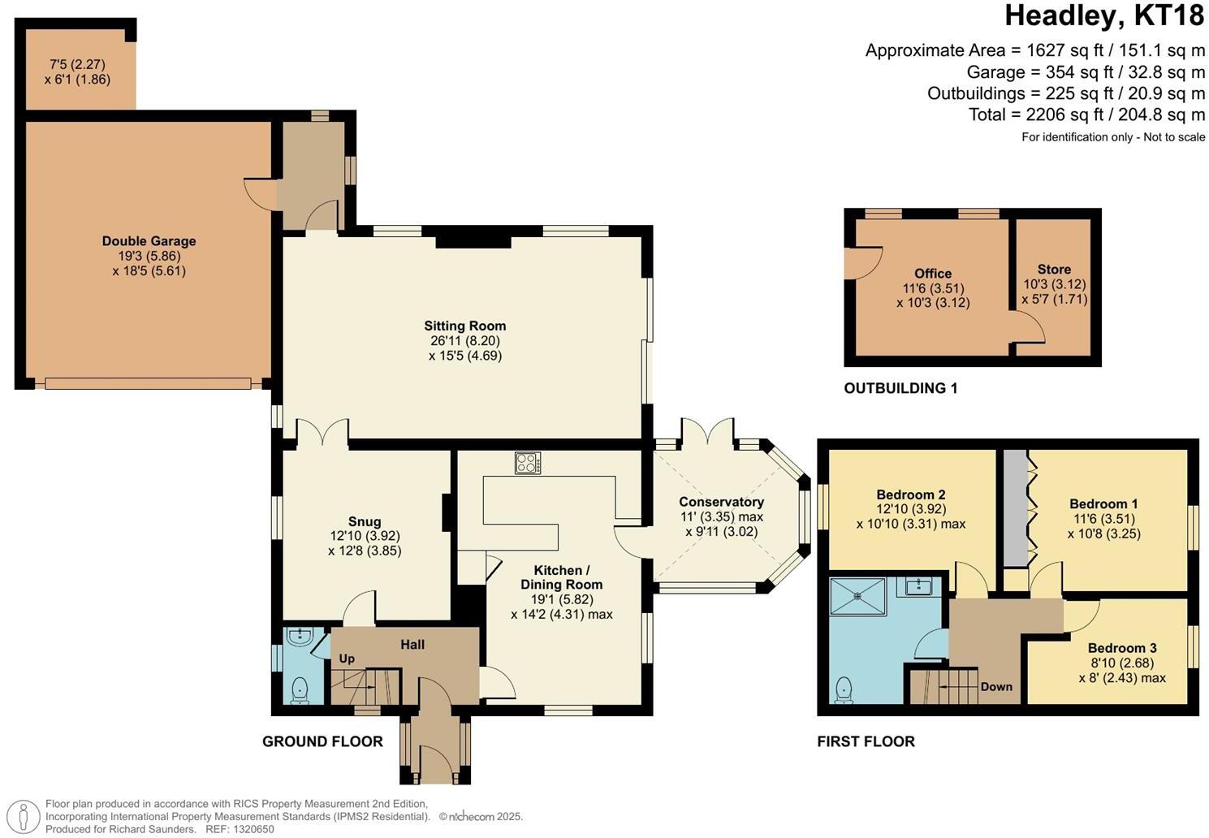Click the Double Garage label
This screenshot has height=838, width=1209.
click(x=149, y=241)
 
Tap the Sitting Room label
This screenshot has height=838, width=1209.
click(x=464, y=326)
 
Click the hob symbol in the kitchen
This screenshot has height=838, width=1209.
click(x=528, y=463)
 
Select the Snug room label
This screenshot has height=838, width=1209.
click(x=365, y=522)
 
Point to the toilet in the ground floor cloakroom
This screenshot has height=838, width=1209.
click(x=300, y=689)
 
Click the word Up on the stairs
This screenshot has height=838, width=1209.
click(x=347, y=659)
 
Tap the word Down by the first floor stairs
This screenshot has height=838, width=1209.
click(x=995, y=686)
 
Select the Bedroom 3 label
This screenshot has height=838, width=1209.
click(x=1122, y=648)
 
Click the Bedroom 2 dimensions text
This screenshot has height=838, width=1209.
click(x=911, y=516)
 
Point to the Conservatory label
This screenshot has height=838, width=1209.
click(x=721, y=502)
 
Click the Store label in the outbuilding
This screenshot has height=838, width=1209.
click(x=1054, y=270)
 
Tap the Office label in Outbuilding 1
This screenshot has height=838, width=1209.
click(x=932, y=274)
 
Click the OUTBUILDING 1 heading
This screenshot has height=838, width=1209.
click(x=900, y=388)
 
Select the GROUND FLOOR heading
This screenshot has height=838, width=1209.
click(x=322, y=741)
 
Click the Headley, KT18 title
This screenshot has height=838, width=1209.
click(x=1104, y=15)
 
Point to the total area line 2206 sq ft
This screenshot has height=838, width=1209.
click(x=1086, y=114)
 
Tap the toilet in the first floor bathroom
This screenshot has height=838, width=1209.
click(x=844, y=689)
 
